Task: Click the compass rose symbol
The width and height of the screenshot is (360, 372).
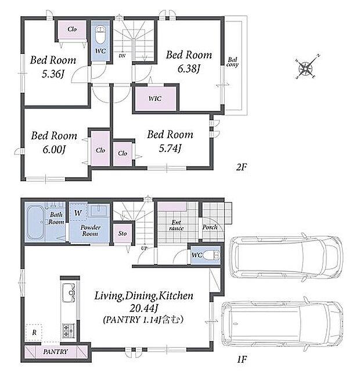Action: coord(305,67)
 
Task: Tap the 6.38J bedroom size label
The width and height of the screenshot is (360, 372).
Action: coord(189,69)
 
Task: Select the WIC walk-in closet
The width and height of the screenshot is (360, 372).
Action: coord(156,98)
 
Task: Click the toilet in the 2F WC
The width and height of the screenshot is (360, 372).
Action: coord(100,35)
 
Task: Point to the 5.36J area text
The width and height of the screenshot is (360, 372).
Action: coord(53,74)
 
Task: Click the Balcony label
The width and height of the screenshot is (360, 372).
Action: coord(232,62)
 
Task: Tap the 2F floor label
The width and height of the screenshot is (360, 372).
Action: coord(242,168)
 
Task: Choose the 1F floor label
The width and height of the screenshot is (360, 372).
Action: coord(242,359)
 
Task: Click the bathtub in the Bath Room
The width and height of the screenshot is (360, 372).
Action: coord(35,222)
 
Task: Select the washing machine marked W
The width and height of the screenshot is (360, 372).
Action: coord(78,212)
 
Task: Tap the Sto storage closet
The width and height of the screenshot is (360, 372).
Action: coord(122,233)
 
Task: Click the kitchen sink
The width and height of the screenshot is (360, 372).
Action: coord(69,292)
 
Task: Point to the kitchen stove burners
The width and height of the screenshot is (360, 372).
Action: coord(69,331)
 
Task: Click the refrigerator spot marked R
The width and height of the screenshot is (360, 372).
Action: coord(34,333)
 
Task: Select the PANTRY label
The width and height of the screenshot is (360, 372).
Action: coord(55,352)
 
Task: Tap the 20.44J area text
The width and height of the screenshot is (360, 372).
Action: coord(144,308)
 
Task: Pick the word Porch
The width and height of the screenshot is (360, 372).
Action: coord(210,227)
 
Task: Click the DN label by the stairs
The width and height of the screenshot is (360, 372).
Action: coord(122,56)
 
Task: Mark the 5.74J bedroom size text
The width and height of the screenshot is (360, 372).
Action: coord(170,149)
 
